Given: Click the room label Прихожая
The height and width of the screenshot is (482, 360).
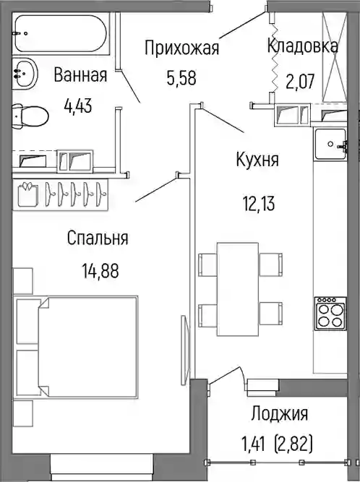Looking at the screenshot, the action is point(181,48).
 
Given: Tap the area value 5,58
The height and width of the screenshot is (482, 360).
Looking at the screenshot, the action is point(181,78).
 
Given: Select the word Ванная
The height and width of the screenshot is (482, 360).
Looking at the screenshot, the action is point(80,75).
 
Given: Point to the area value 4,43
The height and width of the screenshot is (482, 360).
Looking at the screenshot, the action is point(78,106).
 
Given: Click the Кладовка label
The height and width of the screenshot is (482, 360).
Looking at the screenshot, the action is point(302,46).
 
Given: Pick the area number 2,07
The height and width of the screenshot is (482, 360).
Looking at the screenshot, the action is point(300,82).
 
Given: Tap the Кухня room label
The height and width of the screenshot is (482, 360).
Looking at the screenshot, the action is point(257,160).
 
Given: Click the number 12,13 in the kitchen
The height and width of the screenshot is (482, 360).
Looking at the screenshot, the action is point(259,204).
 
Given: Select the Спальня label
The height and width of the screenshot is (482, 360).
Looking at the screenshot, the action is point(98,238).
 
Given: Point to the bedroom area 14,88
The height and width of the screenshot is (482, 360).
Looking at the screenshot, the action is point(100,272).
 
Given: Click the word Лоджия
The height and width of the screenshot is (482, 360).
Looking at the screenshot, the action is point(280,414).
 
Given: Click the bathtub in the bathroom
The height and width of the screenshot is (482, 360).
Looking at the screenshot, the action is point(61,33).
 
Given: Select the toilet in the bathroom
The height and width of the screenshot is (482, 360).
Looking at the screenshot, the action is point(30,116).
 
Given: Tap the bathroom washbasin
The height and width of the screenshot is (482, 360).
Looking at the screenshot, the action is point(25,74).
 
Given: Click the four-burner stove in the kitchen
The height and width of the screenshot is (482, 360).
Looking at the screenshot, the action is point(330,314).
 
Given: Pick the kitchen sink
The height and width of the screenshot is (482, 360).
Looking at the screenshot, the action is point(330,145).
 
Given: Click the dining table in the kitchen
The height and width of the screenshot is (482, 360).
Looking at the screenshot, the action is point(238,289).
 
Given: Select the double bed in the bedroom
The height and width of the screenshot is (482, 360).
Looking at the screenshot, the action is point(76,346).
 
